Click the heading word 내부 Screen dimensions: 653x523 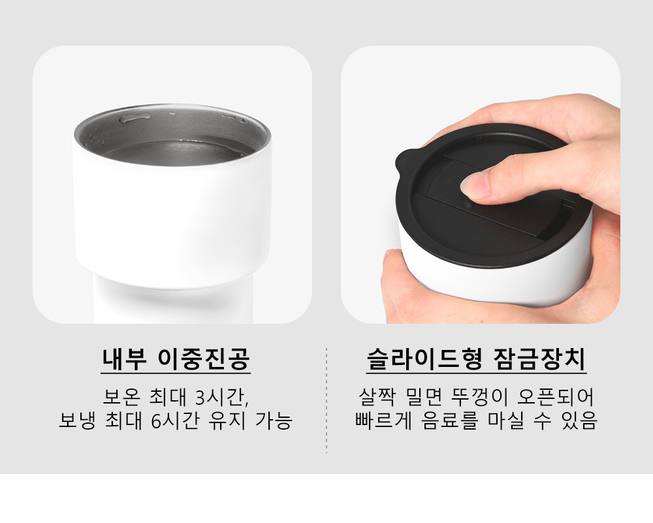[x=124, y=359]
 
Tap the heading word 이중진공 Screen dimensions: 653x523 [x=204, y=359]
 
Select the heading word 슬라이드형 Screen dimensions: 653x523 [x=424, y=359]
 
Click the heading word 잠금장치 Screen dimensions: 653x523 [x=539, y=359]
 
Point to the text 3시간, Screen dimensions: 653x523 [x=222, y=397]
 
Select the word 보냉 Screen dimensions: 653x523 [x=77, y=420]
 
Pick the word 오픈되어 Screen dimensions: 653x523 [x=554, y=397]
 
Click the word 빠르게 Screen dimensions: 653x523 [x=383, y=420]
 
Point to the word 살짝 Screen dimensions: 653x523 [x=376, y=397]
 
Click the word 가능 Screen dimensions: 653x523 [x=273, y=420]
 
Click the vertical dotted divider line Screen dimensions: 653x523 [x=326, y=401]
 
